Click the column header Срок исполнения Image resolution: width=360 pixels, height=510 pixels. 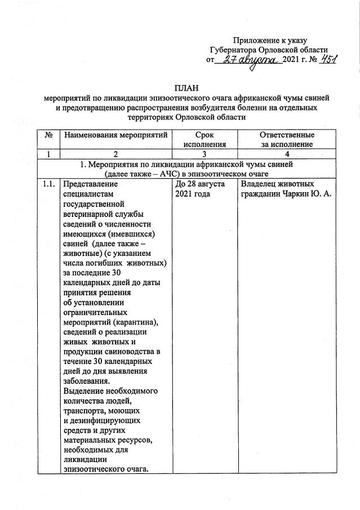click(205, 140)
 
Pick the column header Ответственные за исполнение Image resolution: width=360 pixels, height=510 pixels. click(287, 140)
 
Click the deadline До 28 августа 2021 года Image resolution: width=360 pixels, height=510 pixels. click(201, 189)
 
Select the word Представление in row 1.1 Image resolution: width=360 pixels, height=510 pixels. click(91, 184)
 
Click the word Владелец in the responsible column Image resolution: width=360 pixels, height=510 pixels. click(258, 184)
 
